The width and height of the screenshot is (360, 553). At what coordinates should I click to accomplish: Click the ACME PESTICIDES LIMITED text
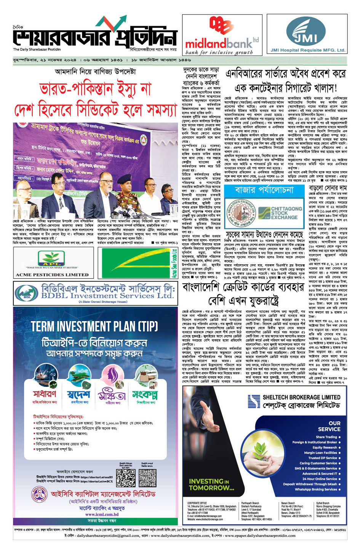coord(52,274)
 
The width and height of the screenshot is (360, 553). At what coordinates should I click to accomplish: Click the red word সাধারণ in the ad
coord(45,393)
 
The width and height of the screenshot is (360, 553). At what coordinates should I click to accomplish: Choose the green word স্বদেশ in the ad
coord(78,394)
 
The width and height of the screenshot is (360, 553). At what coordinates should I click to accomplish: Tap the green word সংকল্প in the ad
coord(145,394)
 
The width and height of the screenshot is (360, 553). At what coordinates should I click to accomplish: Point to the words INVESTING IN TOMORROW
coord(211,484)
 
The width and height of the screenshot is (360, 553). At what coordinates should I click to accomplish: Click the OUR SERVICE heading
coord(329,426)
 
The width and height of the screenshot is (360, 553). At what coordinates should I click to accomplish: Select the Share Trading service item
coord(326,437)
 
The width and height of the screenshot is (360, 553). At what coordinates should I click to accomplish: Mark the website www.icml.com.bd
coord(102,514)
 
